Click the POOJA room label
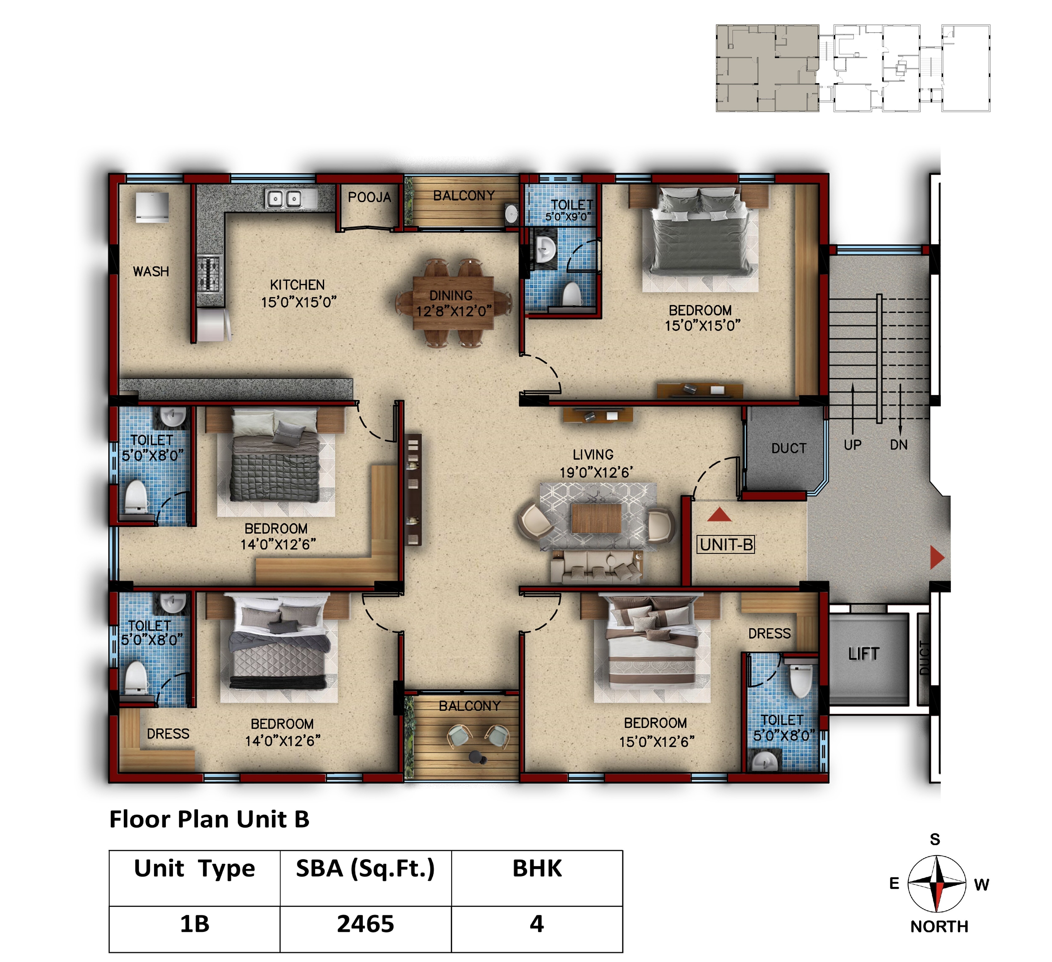pos(369,197)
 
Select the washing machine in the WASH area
pos(152,207)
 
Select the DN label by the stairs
pos(899,445)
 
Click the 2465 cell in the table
pos(365,924)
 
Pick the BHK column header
pos(537,869)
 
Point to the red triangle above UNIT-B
pos(719,515)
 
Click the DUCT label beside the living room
pos(789,448)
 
